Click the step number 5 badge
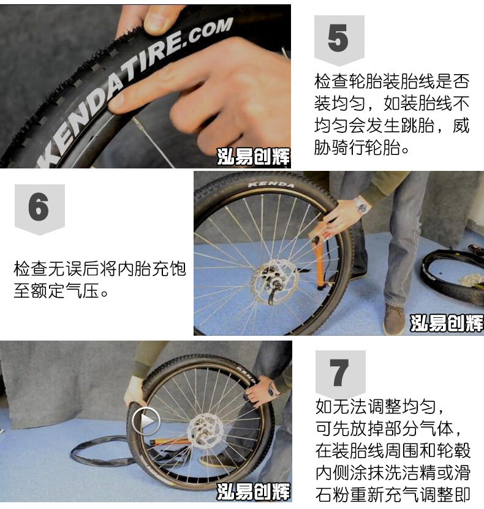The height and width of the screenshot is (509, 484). (x=339, y=40)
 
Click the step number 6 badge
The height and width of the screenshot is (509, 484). (x=40, y=209)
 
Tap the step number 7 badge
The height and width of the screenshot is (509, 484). (x=340, y=374)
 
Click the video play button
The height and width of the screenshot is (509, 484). (x=146, y=421)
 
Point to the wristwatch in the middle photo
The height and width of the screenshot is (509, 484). (x=361, y=205)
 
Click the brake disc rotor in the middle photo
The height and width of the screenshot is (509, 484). (x=275, y=281)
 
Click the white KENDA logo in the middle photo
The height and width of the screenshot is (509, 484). (x=271, y=184)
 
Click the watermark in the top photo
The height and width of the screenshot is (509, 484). (x=253, y=157)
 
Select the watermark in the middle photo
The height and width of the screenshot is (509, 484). (x=447, y=323)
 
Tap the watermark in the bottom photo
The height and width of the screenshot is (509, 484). (x=253, y=491)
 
